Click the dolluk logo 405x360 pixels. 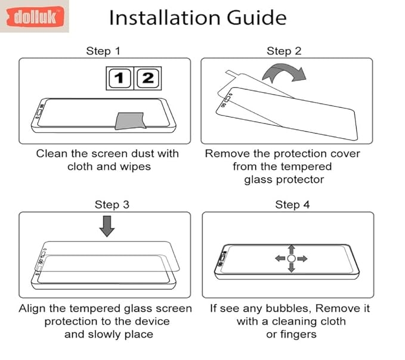click(35, 17)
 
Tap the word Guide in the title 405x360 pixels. click(256, 17)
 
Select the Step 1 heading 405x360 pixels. click(103, 51)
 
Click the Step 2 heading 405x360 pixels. click(284, 51)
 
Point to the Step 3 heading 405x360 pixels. click(112, 204)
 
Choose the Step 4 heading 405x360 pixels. click(292, 204)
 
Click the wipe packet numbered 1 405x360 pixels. click(119, 78)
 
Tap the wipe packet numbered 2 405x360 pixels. click(148, 78)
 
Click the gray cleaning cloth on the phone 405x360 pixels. click(130, 120)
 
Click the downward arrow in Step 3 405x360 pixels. click(107, 226)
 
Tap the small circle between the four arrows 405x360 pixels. click(291, 258)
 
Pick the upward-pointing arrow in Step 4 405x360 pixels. click(292, 249)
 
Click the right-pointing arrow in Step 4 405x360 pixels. click(302, 258)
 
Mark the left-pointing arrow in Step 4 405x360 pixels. click(280, 258)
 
